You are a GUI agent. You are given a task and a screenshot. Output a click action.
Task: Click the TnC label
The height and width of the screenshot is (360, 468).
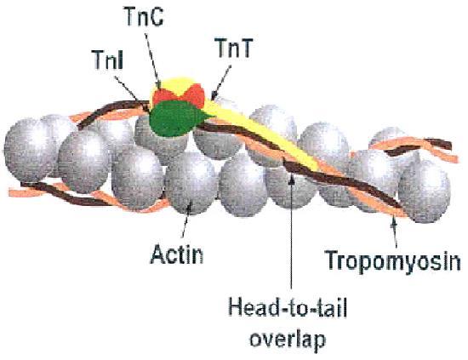[x=144, y=17]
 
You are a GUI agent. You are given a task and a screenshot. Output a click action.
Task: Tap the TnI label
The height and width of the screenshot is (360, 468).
[x=108, y=60]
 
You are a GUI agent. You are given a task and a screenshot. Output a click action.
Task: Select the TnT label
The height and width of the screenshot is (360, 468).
[x=234, y=48]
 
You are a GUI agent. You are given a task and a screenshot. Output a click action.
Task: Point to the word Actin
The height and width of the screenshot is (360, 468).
[x=177, y=254]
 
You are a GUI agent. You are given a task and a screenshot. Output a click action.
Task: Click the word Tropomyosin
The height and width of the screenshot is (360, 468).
[x=393, y=261]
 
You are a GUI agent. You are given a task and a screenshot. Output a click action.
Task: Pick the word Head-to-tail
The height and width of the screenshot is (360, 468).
[x=288, y=308]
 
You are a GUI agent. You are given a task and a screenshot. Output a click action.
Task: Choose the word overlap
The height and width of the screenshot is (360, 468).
[x=288, y=340]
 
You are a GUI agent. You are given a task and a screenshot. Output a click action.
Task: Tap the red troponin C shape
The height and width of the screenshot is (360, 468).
[x=179, y=95]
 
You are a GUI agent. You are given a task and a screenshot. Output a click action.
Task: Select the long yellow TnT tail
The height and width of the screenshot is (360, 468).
[x=263, y=134]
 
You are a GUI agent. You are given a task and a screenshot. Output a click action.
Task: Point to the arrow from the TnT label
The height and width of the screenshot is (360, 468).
[x=221, y=83]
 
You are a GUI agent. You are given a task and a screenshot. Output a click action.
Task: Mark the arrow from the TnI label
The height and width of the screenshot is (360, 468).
[x=132, y=94]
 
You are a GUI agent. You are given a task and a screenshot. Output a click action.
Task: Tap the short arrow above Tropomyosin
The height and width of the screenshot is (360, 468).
[x=395, y=232]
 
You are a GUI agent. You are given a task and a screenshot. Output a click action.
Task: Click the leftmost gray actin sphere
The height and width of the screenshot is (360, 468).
[x=29, y=150]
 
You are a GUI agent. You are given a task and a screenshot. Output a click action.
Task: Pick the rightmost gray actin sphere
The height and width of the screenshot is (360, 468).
[x=424, y=191]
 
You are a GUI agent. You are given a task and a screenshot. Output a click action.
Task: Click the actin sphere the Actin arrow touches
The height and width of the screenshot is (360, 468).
[x=191, y=183]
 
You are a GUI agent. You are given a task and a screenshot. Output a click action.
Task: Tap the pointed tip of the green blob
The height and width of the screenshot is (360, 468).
[x=213, y=116]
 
